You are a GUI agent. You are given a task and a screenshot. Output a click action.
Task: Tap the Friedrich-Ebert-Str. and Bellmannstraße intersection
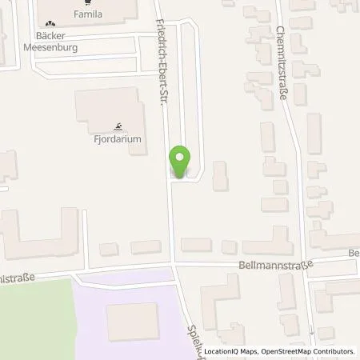tap(173, 264)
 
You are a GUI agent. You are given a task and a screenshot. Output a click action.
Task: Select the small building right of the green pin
tap(219, 175)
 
